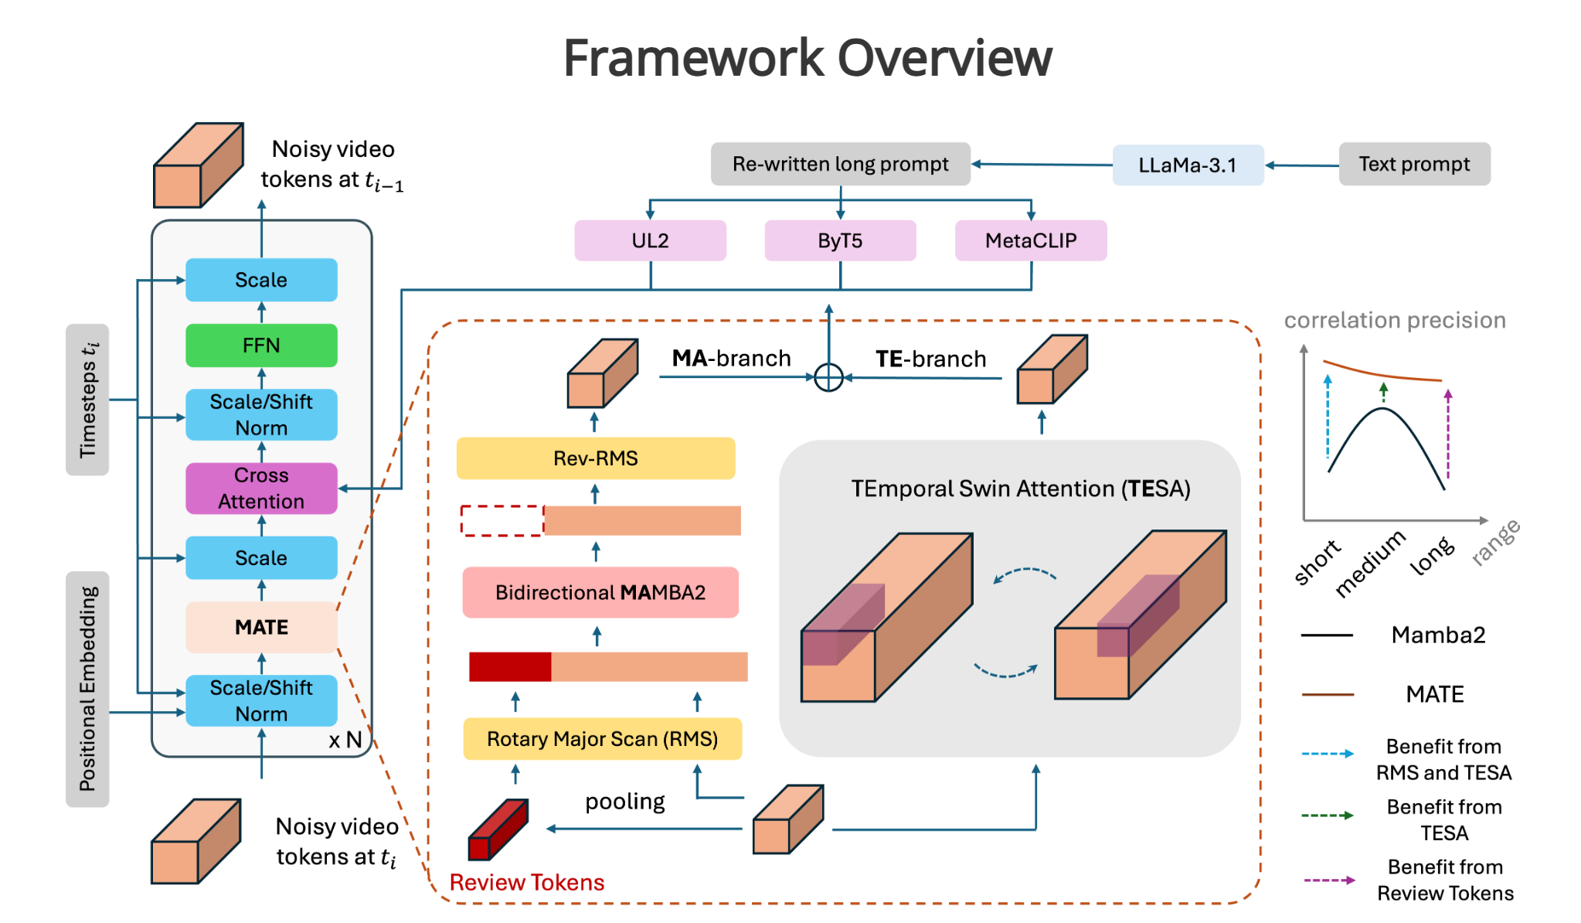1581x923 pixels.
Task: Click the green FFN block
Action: coord(261,345)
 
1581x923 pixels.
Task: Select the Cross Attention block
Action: coord(261,488)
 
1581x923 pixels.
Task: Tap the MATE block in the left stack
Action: coord(261,627)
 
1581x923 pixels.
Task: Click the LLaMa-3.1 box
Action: coord(1187,165)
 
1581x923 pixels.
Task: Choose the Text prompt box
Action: coord(1413,164)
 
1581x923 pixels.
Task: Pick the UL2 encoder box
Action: coord(650,240)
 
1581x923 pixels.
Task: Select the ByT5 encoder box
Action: coord(840,240)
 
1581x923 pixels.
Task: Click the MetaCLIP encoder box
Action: coord(1030,240)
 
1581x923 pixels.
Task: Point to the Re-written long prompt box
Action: coord(840,164)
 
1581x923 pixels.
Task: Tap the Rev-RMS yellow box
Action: coord(595,458)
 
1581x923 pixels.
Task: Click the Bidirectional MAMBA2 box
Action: coord(600,592)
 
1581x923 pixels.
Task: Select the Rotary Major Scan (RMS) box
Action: coord(602,739)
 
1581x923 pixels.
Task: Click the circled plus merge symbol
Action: coord(828,377)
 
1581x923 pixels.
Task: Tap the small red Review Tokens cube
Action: coord(498,830)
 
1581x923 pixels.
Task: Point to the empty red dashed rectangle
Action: coord(502,520)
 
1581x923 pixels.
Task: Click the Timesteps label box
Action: coord(87,399)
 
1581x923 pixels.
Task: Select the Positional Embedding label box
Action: coord(87,689)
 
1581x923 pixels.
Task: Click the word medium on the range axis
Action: coord(1370,564)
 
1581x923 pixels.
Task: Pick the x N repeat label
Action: coord(345,740)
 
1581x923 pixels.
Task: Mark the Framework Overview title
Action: coord(807,58)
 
